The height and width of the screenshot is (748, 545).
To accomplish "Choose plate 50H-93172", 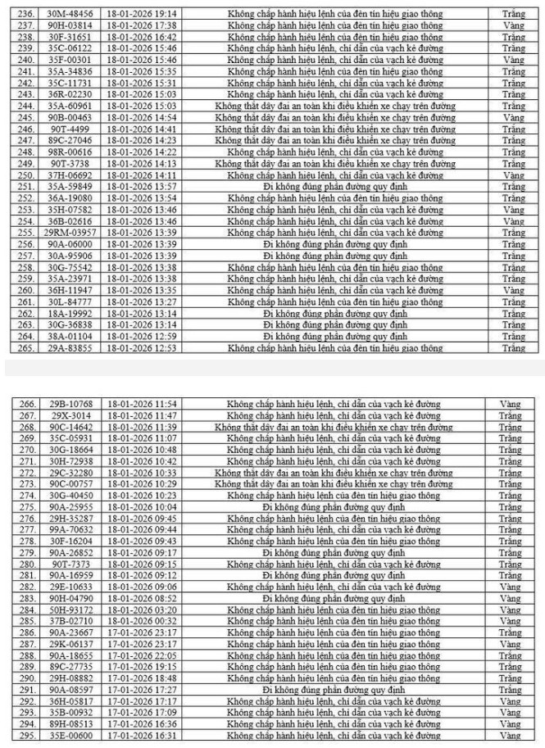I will [70, 610].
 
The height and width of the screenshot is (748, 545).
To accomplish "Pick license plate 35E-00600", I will [70, 735].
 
